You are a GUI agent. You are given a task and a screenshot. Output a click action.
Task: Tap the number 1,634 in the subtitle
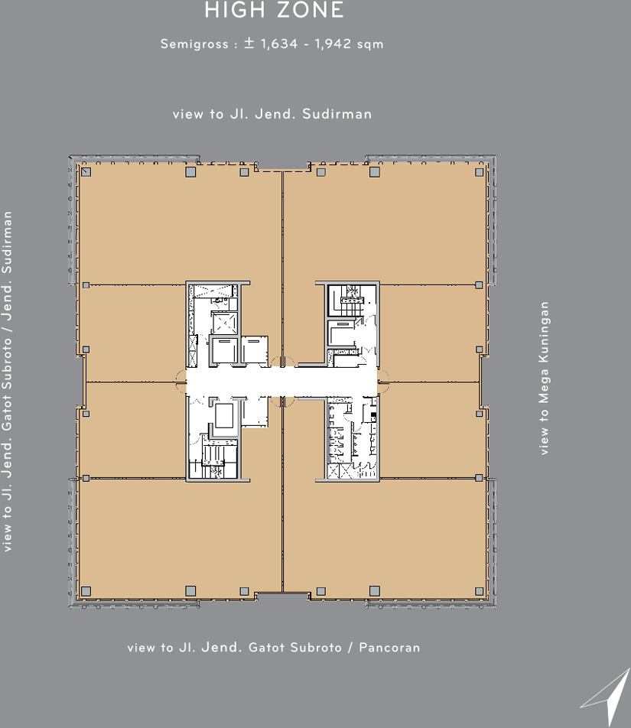pos(279,44)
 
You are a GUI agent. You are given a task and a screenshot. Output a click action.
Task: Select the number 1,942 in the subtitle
pos(333,44)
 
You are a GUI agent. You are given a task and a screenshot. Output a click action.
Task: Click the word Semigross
pos(194,44)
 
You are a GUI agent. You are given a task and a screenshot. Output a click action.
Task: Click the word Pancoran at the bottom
pos(389,647)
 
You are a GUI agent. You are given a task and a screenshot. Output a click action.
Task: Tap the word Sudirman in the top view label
pos(337,114)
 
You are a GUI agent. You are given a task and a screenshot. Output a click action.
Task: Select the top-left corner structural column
pos(86,172)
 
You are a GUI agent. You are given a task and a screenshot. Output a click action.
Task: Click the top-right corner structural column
pos(479,172)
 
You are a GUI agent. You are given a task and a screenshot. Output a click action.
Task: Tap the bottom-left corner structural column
pos(86,591)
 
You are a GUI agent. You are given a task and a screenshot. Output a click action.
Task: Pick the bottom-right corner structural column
pos(479,591)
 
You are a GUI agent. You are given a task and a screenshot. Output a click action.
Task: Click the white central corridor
pos(281,382)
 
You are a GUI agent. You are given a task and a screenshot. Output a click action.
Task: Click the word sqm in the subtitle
pos(370,44)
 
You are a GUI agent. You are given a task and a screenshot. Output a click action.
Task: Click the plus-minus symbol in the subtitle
pos(249,44)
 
